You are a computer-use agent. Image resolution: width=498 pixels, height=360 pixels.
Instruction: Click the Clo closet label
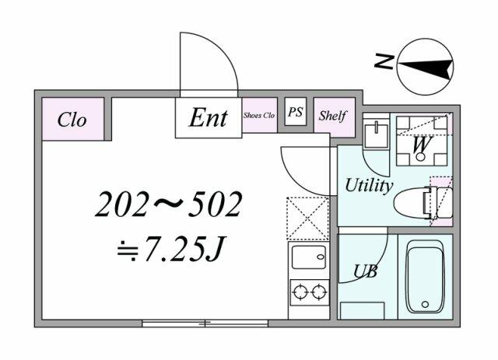tap(72, 120)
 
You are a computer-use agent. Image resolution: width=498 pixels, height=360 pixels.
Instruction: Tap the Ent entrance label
tap(209, 118)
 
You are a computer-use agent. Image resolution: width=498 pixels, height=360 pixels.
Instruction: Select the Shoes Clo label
tap(259, 115)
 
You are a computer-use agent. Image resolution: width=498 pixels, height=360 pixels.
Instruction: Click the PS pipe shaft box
tap(296, 111)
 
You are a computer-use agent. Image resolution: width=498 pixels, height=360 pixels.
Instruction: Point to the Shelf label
tap(332, 116)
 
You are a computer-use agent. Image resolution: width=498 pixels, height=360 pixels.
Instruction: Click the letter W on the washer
tap(422, 144)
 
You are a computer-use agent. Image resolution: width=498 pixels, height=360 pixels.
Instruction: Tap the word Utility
tap(369, 185)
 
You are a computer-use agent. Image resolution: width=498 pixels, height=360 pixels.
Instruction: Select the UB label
tap(366, 271)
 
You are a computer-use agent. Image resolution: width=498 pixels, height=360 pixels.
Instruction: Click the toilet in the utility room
tap(423, 203)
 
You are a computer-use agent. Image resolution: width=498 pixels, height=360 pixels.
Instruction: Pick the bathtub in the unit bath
tap(426, 277)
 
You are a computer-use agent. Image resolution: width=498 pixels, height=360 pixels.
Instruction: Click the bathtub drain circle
tap(425, 305)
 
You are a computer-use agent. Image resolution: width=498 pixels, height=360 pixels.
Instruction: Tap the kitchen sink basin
tap(309, 257)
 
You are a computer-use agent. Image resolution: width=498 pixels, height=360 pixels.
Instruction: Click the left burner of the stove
tap(300, 292)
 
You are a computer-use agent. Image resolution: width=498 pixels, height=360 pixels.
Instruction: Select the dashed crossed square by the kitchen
tap(308, 218)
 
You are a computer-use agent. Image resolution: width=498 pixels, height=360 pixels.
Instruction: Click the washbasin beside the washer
tap(376, 136)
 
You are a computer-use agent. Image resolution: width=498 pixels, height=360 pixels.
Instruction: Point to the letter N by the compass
tap(384, 61)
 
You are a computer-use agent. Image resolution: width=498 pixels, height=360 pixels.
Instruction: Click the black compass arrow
tap(426, 67)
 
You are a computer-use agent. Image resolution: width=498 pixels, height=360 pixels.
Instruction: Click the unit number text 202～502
tap(169, 204)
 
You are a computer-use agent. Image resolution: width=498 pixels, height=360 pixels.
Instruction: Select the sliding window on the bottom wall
tap(205, 323)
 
